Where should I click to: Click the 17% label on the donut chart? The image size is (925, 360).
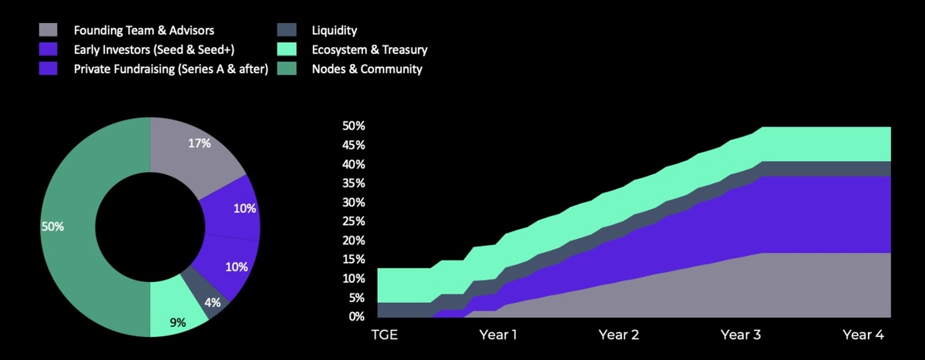[199, 143]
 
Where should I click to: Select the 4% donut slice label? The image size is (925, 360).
[214, 303]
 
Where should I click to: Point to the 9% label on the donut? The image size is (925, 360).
[177, 322]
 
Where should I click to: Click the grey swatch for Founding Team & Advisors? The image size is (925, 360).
[48, 31]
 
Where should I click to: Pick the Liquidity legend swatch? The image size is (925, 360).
[287, 31]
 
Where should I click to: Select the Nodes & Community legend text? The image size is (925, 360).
[366, 69]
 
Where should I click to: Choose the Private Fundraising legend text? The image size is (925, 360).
[170, 69]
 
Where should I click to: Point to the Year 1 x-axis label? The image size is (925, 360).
[497, 336]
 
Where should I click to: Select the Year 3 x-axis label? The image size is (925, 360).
[740, 336]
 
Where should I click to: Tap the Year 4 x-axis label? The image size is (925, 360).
[863, 336]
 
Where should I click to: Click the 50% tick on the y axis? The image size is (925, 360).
[354, 126]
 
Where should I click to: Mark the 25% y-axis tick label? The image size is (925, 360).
[354, 221]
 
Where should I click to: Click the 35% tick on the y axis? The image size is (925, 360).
[354, 183]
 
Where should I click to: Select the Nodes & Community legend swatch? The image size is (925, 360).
[287, 69]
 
